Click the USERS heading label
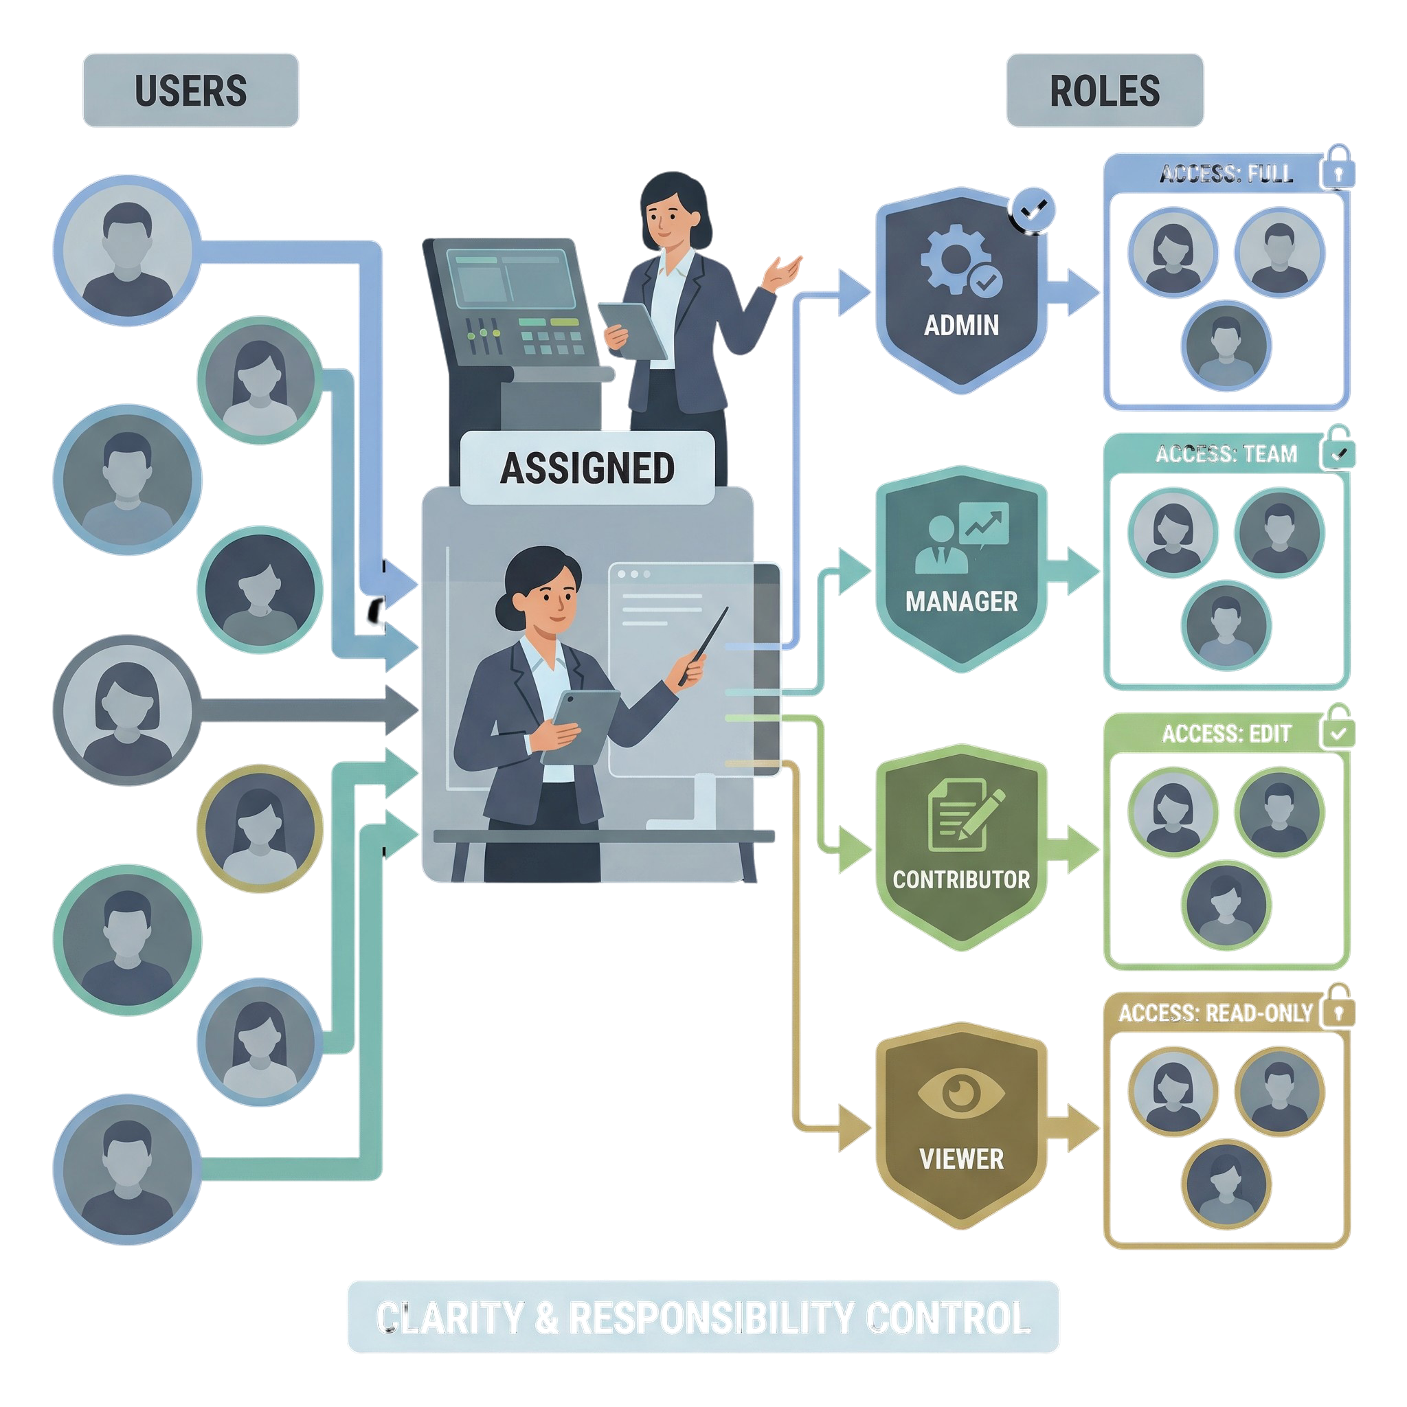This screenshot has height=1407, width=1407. (190, 90)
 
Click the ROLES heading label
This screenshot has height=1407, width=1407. (1104, 90)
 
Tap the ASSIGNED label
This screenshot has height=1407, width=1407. (587, 468)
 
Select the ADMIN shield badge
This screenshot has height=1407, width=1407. (961, 291)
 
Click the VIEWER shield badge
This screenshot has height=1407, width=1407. (961, 1126)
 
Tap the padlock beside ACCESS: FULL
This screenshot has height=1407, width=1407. (1338, 169)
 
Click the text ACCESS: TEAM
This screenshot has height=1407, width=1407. (1226, 453)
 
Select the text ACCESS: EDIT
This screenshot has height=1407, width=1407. (1226, 732)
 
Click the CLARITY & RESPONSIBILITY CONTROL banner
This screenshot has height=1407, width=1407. (703, 1317)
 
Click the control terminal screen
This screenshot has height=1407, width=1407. (510, 280)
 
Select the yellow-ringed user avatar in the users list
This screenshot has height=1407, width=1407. (260, 828)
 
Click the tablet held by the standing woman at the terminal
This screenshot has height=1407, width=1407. (632, 329)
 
